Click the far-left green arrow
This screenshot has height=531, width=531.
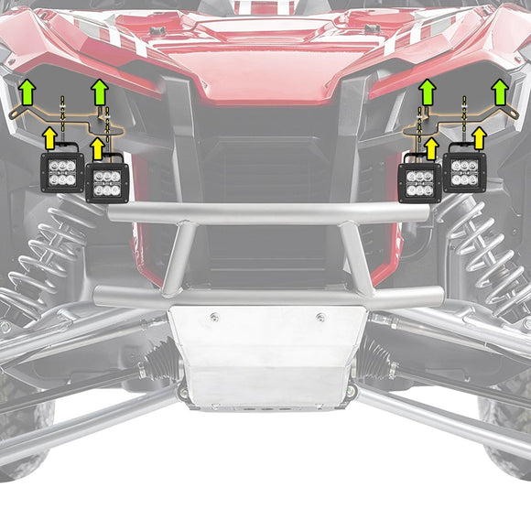click(x=27, y=92)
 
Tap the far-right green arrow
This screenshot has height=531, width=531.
click(x=500, y=92)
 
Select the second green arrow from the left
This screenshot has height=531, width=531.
click(x=101, y=92)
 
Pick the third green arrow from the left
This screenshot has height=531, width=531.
click(x=427, y=92)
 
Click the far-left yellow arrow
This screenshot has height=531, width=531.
click(x=51, y=137)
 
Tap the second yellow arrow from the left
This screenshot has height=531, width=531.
click(x=97, y=149)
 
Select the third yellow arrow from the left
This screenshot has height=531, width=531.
click(x=430, y=149)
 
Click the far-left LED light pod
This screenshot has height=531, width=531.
click(x=62, y=171)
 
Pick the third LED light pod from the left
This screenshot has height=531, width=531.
click(x=420, y=181)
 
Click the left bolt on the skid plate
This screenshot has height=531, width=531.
click(x=214, y=318)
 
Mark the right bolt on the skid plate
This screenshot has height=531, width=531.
click(x=320, y=318)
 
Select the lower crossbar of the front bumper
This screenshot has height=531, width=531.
click(x=265, y=296)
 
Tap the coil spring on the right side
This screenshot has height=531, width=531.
click(x=485, y=247)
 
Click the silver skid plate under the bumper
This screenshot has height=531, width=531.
click(x=265, y=357)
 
